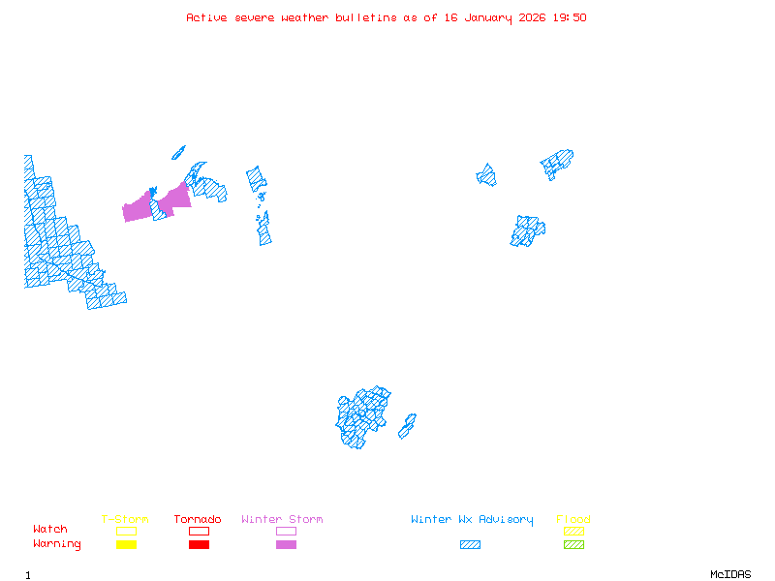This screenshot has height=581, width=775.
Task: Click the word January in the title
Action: [484, 17]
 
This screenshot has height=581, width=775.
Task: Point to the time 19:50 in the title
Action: [570, 17]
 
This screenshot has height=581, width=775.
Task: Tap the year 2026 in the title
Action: [532, 17]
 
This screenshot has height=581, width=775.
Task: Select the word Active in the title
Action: [207, 17]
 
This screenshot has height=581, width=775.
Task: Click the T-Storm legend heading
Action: [125, 520]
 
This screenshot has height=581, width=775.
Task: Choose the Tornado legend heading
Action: [198, 520]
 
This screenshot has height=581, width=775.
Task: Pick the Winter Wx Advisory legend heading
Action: [472, 520]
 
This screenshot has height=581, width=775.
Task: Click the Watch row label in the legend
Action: [50, 530]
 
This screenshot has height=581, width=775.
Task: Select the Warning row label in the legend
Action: [57, 544]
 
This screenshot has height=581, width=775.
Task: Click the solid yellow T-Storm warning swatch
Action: [126, 545]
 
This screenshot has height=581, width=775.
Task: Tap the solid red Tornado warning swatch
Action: [199, 545]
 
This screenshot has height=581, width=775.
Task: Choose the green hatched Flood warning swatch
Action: [573, 545]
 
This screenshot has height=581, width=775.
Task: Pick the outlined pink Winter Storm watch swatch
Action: [286, 531]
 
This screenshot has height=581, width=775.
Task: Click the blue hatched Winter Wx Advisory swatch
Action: [470, 545]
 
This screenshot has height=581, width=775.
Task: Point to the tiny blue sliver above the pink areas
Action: [178, 152]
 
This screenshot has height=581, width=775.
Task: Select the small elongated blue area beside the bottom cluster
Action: [407, 426]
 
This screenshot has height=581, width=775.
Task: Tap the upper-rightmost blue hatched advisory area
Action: [558, 162]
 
